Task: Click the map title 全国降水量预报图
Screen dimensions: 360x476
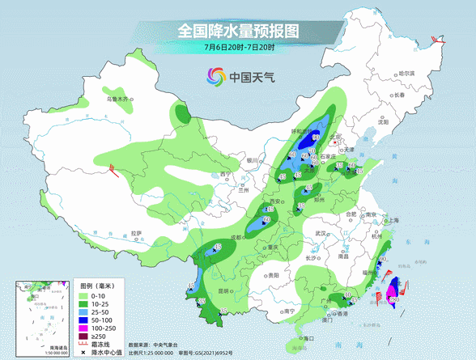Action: (x=238, y=31)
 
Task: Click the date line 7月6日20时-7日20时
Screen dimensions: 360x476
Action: (x=239, y=48)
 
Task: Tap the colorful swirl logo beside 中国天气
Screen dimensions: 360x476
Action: (x=216, y=78)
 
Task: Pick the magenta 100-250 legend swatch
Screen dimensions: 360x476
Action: (x=83, y=327)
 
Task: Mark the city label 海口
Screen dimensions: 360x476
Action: (x=305, y=337)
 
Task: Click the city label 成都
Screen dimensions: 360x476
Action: (x=236, y=237)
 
